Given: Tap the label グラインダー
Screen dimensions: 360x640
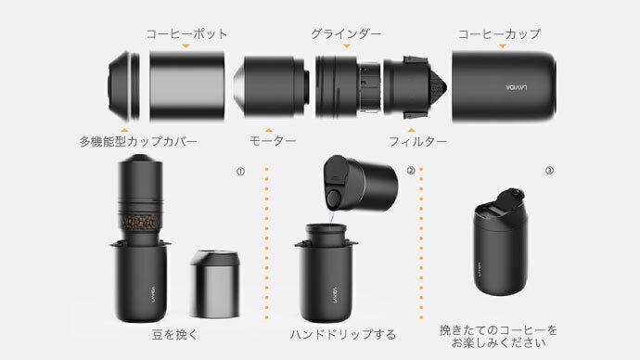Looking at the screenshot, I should coord(345,33).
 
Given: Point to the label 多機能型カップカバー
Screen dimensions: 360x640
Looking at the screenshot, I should coord(138,142).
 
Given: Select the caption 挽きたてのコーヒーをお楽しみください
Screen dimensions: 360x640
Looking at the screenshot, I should coord(500,336).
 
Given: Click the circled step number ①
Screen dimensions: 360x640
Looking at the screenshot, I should coord(240,171).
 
